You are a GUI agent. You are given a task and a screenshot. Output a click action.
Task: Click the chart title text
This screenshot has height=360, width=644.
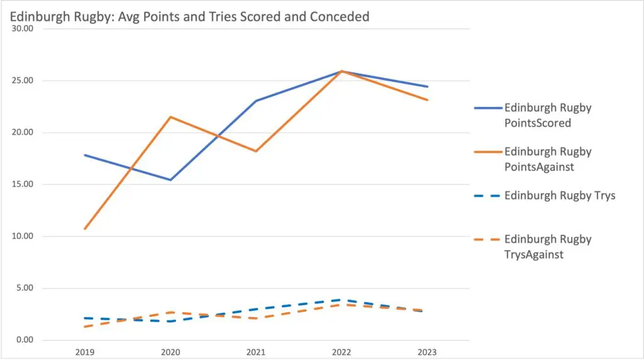(x=189, y=16)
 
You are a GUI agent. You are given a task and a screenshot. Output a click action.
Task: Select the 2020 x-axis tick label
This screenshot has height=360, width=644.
(x=170, y=352)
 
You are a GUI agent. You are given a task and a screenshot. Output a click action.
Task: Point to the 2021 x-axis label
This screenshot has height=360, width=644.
(x=256, y=352)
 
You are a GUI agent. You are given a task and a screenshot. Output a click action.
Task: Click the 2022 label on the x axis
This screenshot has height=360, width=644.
(x=341, y=352)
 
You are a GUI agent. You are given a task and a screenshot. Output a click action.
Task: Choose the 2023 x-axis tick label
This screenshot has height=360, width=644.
(x=428, y=352)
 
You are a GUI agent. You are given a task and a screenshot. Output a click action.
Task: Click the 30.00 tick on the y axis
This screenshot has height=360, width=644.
(x=23, y=28)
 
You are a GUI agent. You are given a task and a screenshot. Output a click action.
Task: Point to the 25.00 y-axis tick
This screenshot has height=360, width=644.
(x=23, y=81)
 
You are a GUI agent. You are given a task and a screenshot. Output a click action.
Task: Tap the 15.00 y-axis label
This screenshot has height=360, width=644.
(x=23, y=184)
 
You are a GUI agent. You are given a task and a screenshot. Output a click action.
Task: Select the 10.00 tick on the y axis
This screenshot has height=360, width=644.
(x=23, y=237)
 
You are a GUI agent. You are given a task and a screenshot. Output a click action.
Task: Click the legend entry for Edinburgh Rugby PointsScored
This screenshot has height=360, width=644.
(x=547, y=115)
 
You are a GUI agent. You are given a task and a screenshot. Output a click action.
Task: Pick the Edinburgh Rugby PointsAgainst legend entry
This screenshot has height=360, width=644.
(x=547, y=159)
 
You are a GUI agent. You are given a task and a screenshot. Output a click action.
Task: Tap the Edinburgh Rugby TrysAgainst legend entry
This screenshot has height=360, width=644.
(x=547, y=247)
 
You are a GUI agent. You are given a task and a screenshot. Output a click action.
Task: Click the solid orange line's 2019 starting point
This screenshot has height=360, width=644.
(x=84, y=228)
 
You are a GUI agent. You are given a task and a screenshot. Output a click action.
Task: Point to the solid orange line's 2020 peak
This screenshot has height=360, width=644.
(x=170, y=117)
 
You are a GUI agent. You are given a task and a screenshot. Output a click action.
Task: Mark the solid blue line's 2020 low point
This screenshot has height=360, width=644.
(x=170, y=180)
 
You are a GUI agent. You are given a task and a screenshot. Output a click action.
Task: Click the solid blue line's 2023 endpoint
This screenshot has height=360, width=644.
(x=428, y=87)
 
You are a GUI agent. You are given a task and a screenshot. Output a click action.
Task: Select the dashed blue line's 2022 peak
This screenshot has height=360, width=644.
(x=341, y=300)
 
